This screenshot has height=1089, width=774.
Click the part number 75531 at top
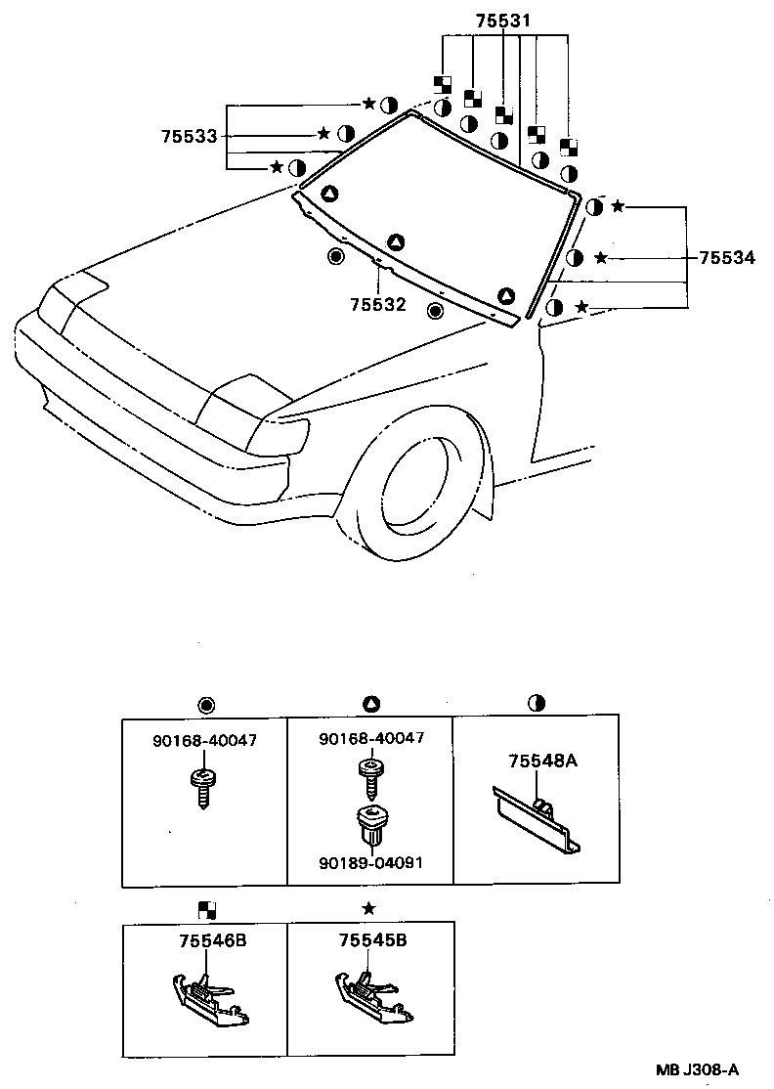(x=503, y=21)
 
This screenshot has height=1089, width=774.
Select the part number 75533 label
(x=189, y=137)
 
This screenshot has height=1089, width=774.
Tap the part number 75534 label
(x=726, y=258)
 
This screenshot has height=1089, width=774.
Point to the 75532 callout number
(x=377, y=304)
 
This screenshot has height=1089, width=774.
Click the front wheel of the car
(x=420, y=484)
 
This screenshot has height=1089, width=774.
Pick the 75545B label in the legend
(x=372, y=941)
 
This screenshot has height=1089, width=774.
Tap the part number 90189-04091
(x=371, y=863)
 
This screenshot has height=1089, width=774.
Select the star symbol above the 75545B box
(x=368, y=908)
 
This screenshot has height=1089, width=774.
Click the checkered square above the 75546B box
(x=206, y=909)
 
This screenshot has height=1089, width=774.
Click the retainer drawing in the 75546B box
(x=207, y=997)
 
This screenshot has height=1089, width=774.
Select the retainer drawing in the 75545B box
(x=371, y=997)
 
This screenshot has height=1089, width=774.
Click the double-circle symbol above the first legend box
(x=205, y=705)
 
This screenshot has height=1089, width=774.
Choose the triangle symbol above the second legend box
(x=370, y=705)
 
